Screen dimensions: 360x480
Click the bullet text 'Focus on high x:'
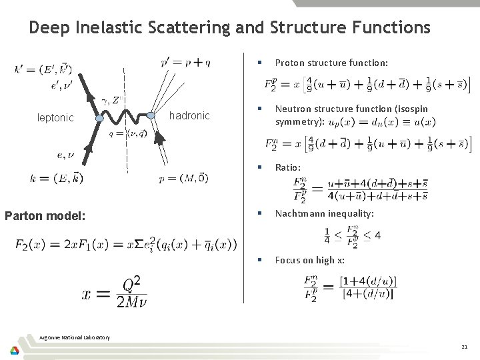click(x=307, y=260)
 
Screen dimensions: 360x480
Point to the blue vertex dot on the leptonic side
click(x=99, y=118)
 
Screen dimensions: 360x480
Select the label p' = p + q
click(x=186, y=63)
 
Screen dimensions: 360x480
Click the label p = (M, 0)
click(x=184, y=178)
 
